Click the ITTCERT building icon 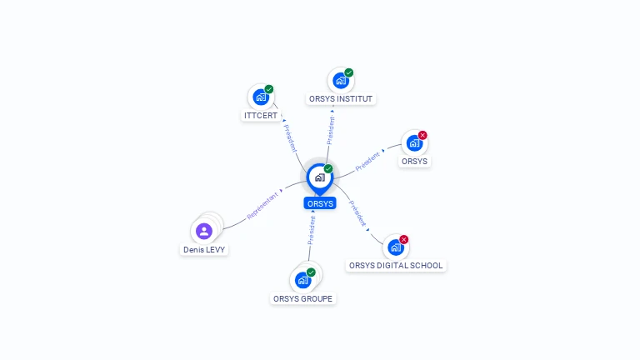click(x=260, y=97)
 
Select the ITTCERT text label click(x=261, y=116)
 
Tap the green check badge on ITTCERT click(x=269, y=89)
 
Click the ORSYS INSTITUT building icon click(x=340, y=81)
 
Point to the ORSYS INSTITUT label click(x=340, y=99)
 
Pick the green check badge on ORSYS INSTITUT click(x=349, y=72)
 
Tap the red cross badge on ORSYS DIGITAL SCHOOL click(x=404, y=239)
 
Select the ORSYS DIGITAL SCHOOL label click(x=396, y=266)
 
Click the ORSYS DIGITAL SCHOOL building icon click(x=395, y=247)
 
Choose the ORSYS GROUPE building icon click(x=302, y=280)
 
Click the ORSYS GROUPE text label click(x=303, y=298)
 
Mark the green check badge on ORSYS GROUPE click(x=312, y=272)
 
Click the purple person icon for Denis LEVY click(x=204, y=231)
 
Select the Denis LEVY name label click(x=204, y=249)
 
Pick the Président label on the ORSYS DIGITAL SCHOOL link click(x=357, y=214)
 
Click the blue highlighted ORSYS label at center click(x=320, y=203)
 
